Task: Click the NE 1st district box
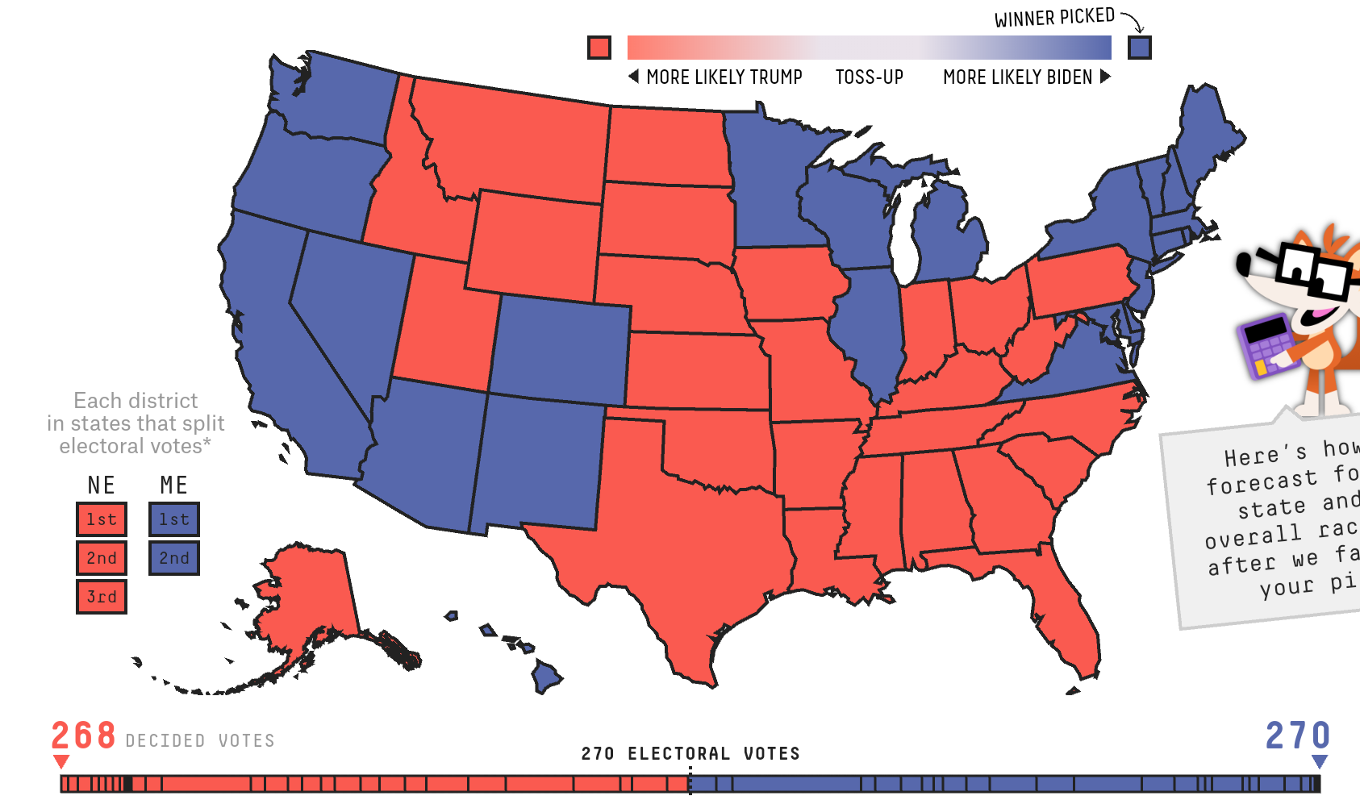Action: click(102, 519)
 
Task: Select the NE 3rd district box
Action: click(102, 597)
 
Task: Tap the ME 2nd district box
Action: click(174, 558)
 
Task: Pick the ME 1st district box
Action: click(174, 519)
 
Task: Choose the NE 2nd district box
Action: click(102, 558)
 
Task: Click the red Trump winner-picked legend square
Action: click(599, 48)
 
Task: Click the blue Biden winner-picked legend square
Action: click(1139, 48)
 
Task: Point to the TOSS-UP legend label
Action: click(869, 77)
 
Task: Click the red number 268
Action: click(84, 736)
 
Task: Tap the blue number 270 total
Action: click(1297, 736)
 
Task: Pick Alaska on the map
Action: click(311, 597)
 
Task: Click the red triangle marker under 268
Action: click(61, 761)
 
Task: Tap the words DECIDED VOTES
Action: click(200, 740)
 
